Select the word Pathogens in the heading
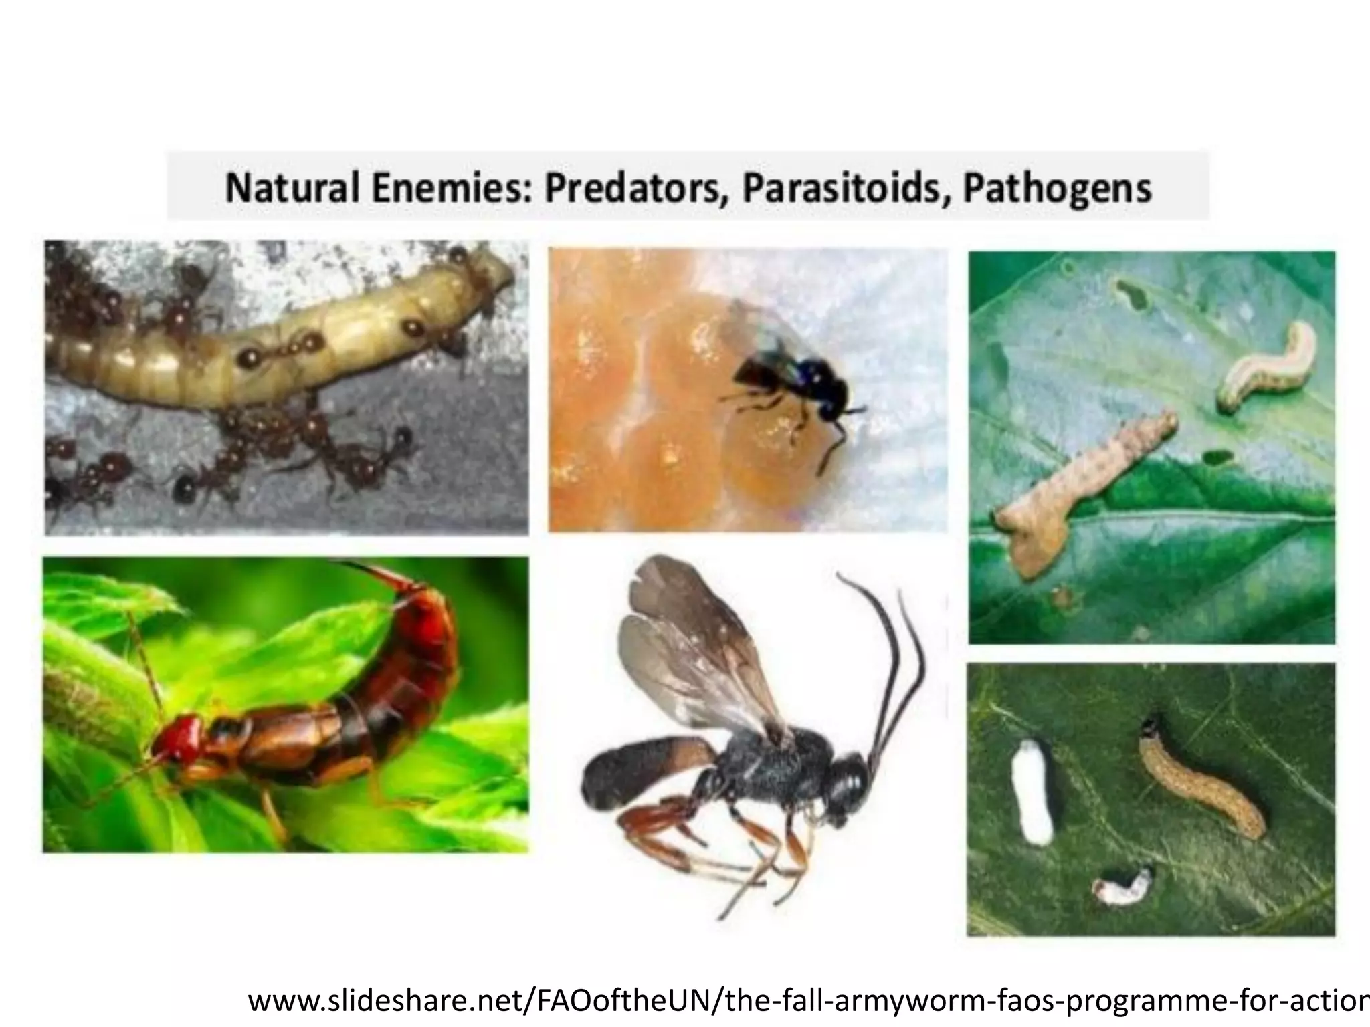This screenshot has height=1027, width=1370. coord(1056,188)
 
